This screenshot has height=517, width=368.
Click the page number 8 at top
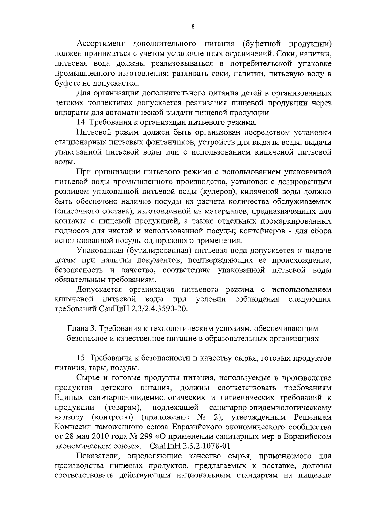193,26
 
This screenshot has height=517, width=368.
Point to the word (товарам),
123,408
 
